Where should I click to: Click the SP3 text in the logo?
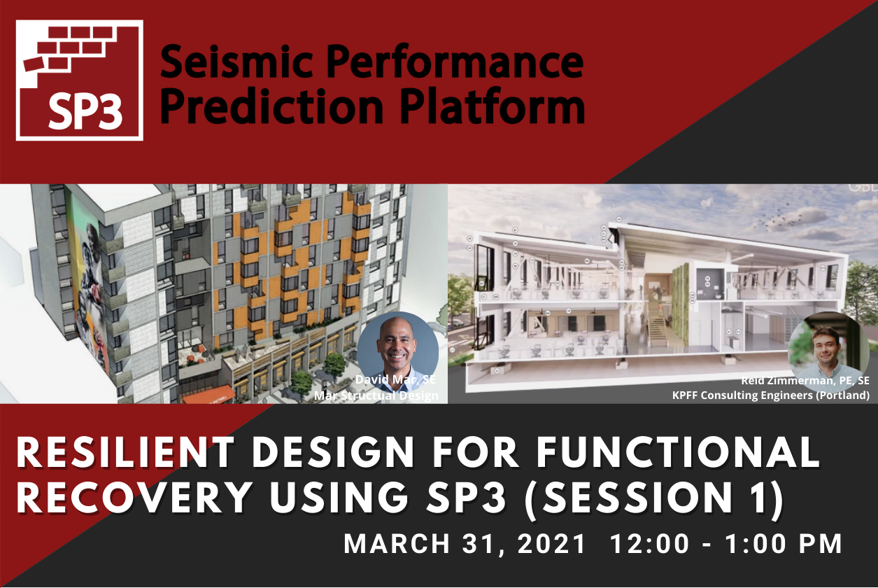click(x=85, y=113)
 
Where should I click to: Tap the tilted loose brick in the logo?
click(x=34, y=64)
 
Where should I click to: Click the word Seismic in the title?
click(x=236, y=61)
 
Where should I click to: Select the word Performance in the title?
click(x=455, y=62)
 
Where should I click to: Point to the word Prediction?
click(x=271, y=106)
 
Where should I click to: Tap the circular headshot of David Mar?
click(x=398, y=352)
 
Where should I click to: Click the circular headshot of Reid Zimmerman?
click(x=828, y=352)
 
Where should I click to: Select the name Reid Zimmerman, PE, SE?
click(x=805, y=381)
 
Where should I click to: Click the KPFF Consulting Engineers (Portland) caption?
click(x=770, y=395)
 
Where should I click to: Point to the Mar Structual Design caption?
click(x=376, y=395)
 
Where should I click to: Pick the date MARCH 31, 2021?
click(x=465, y=544)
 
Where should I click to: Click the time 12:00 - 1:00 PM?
click(x=726, y=544)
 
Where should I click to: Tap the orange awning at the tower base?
click(x=208, y=394)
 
